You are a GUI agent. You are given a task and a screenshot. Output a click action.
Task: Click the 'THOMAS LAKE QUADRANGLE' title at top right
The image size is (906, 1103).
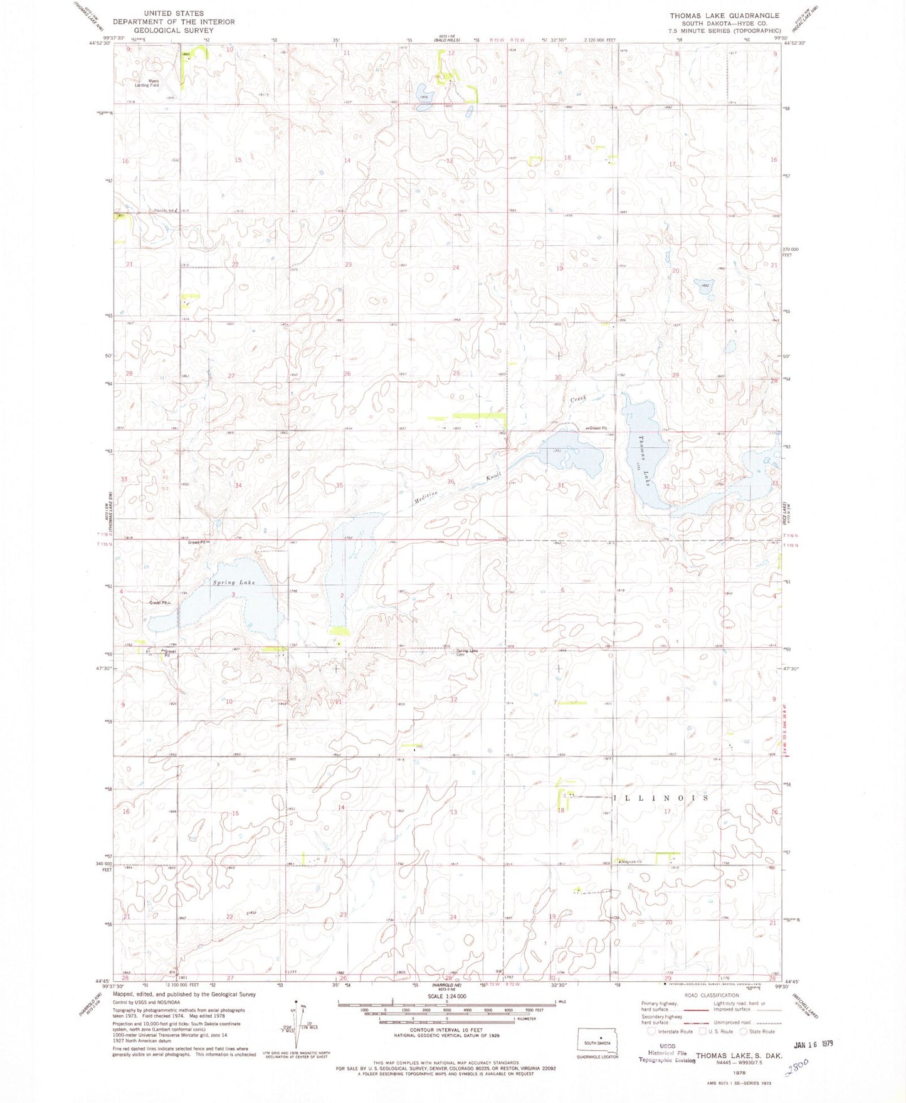tap(724, 16)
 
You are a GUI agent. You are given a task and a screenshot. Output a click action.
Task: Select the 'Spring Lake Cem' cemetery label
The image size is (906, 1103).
tap(467, 652)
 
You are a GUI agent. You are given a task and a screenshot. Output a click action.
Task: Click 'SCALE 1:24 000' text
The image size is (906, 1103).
tap(447, 996)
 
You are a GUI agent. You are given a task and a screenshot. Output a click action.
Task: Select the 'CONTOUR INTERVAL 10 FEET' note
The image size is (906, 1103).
tap(446, 1030)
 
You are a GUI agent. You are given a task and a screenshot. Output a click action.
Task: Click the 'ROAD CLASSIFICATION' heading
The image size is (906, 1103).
tap(711, 995)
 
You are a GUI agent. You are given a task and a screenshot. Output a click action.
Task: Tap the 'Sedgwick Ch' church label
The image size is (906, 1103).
tap(631, 862)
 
